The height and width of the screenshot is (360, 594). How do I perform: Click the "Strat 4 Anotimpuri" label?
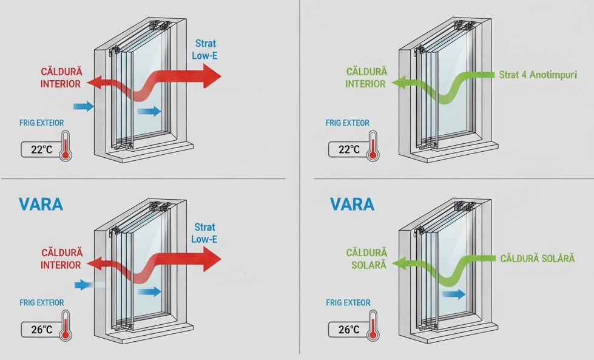pyautogui.click(x=537, y=75)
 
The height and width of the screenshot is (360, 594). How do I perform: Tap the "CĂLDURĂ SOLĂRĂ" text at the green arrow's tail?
pyautogui.click(x=537, y=259)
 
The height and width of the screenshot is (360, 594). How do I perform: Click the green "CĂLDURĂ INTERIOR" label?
pyautogui.click(x=365, y=78)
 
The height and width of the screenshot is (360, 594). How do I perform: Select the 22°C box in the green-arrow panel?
pyautogui.click(x=344, y=149)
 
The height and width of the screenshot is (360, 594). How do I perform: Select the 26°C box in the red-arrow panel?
pyautogui.click(x=38, y=330)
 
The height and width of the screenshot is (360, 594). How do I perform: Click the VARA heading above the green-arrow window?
pyautogui.click(x=352, y=203)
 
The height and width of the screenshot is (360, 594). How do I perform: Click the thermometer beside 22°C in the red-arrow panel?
pyautogui.click(x=65, y=145)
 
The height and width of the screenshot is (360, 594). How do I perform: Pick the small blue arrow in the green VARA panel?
pyautogui.click(x=454, y=294)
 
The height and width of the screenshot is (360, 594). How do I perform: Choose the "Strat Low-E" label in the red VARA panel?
pyautogui.click(x=204, y=233)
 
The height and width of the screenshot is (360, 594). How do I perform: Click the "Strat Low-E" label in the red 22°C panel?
pyautogui.click(x=204, y=49)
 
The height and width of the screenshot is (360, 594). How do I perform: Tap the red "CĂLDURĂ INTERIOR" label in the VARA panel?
pyautogui.click(x=61, y=259)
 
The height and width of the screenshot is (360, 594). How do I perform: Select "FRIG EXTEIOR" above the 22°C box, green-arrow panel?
pyautogui.click(x=347, y=123)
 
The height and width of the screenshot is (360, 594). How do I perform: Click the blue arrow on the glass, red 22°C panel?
pyautogui.click(x=149, y=110)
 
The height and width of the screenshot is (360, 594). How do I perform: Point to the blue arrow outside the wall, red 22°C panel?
pyautogui.click(x=84, y=106)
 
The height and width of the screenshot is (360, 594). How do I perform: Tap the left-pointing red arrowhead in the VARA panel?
pyautogui.click(x=93, y=263)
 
